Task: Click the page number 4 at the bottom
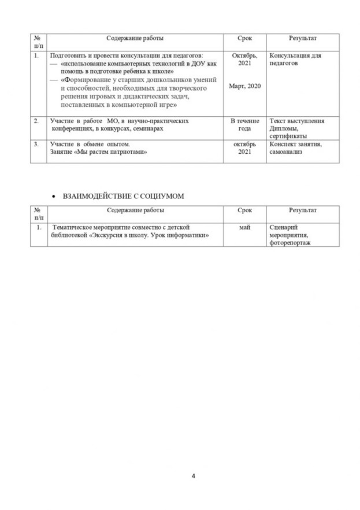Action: (193, 476)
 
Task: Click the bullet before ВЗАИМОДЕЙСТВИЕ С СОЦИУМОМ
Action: (53, 197)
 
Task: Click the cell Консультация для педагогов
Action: (295, 59)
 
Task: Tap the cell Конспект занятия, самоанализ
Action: (295, 147)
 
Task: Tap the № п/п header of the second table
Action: (38, 215)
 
